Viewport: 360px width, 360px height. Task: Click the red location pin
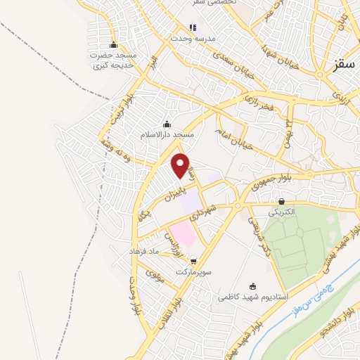point(182,165)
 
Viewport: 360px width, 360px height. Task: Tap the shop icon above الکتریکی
point(281,202)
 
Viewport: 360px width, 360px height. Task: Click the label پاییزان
point(169,194)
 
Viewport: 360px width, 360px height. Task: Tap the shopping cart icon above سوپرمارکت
point(184,261)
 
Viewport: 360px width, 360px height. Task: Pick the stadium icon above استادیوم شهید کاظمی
point(254,287)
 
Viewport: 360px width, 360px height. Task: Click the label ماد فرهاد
point(145,251)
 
